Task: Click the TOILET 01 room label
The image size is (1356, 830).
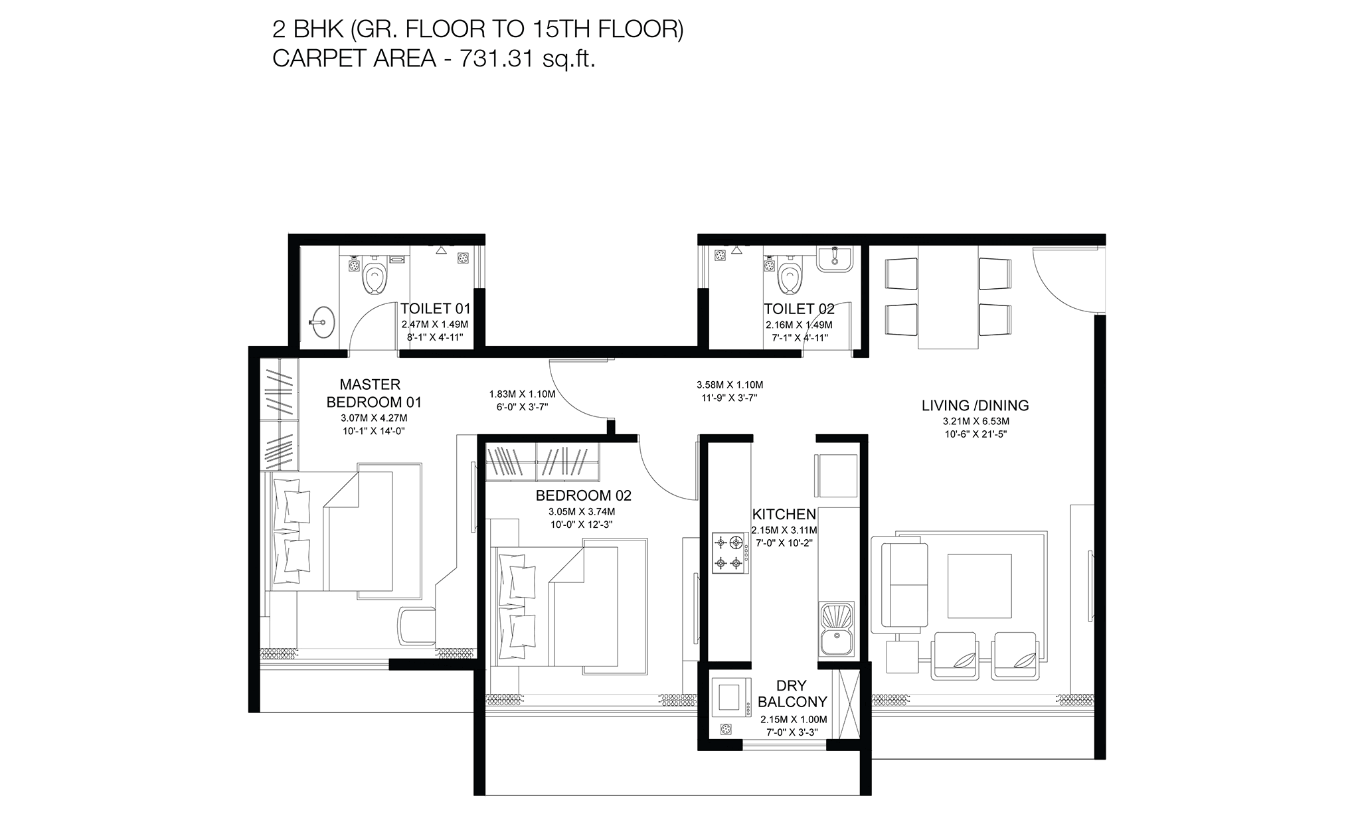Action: pyautogui.click(x=435, y=309)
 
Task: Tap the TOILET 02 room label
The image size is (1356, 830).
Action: pyautogui.click(x=799, y=309)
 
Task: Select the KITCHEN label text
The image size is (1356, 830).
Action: pyautogui.click(x=784, y=515)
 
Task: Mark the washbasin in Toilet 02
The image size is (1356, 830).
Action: pyautogui.click(x=834, y=258)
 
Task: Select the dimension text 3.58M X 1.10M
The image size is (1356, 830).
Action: pyautogui.click(x=730, y=384)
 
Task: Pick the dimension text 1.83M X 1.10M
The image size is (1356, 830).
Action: pyautogui.click(x=522, y=394)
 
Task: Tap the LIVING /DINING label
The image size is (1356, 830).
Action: pyautogui.click(x=975, y=405)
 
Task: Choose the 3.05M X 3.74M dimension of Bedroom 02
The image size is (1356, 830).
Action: pyautogui.click(x=582, y=512)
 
